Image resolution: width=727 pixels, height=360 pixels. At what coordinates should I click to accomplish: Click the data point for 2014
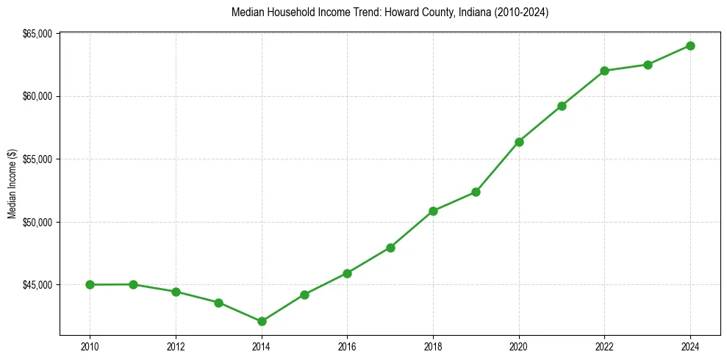[x=262, y=321]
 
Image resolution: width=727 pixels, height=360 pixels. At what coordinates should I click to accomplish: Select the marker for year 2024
[x=690, y=46]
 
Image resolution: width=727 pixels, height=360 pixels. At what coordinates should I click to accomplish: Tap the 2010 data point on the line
[x=90, y=284]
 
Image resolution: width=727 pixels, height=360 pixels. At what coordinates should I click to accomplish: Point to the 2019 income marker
[x=476, y=192]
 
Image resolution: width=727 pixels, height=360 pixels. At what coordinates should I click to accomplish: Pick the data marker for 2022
[x=604, y=71]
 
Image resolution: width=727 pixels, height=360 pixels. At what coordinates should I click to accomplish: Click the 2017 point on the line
[x=390, y=248]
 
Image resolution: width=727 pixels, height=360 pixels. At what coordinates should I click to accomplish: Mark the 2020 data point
[x=519, y=142]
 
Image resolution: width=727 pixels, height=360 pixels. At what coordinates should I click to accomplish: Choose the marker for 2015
[x=304, y=295]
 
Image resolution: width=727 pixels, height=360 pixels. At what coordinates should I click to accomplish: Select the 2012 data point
[x=176, y=292]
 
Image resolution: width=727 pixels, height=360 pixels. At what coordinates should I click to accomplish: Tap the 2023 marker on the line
[x=648, y=65]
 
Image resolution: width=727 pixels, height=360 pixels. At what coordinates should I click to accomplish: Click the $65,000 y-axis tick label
[x=37, y=34]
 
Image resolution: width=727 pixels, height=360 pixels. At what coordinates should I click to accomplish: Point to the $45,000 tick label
[x=37, y=285]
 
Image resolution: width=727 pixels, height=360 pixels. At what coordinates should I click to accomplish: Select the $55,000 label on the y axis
[x=37, y=159]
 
